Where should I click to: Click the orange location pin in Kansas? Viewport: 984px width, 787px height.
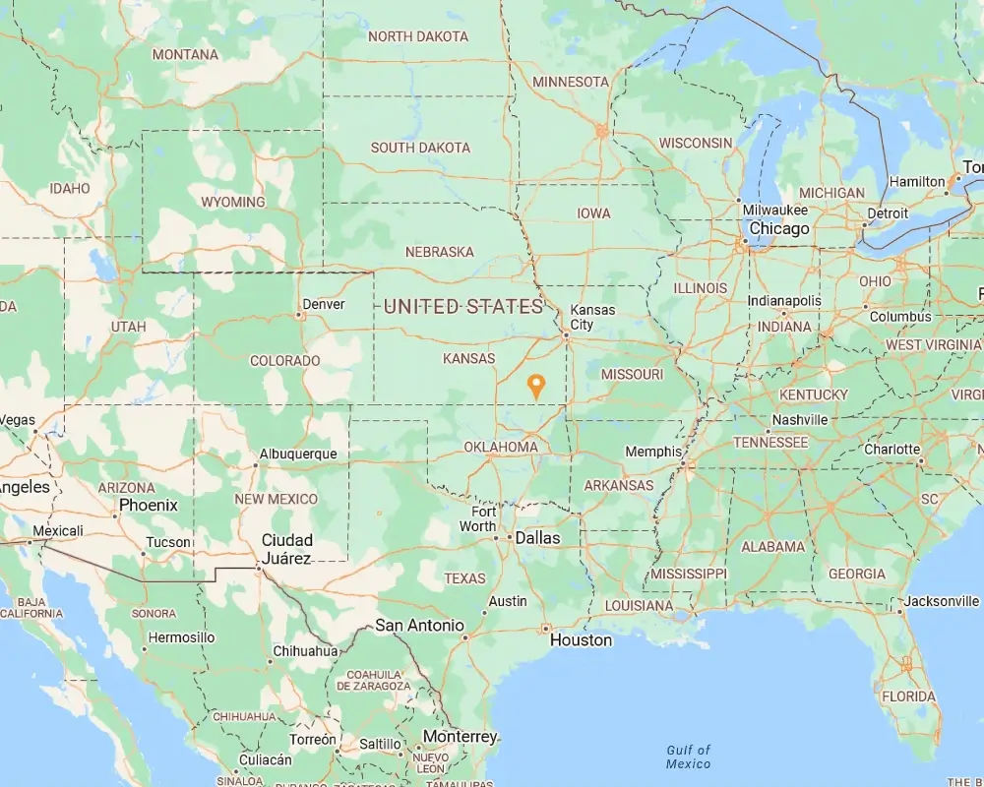pos(536,385)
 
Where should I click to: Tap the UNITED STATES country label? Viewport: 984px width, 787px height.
pos(463,306)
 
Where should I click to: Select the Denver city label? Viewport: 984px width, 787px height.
pos(324,304)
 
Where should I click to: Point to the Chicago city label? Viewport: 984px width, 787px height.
pos(778,228)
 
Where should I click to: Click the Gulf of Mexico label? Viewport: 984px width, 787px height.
pos(688,757)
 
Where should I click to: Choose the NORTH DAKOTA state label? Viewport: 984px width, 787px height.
pos(418,36)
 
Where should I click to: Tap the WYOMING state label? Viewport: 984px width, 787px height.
pos(233,202)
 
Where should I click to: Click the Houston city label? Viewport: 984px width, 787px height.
pos(581,639)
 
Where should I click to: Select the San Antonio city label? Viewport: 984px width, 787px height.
pos(419,625)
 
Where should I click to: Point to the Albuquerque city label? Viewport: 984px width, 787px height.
pos(297,454)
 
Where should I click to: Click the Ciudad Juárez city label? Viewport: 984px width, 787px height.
pos(286,549)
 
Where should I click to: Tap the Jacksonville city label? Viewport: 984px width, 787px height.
pos(944,601)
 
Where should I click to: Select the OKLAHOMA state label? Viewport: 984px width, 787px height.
pos(502,447)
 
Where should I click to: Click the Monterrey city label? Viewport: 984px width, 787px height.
pos(460,736)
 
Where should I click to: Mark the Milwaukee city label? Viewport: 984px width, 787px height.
pos(775,210)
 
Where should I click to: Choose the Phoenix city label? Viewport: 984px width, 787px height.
pos(149,505)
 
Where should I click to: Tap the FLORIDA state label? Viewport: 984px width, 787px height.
pos(909,696)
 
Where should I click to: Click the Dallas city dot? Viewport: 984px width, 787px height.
pos(510,538)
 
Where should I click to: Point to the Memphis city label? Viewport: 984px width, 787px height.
pos(653,452)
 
